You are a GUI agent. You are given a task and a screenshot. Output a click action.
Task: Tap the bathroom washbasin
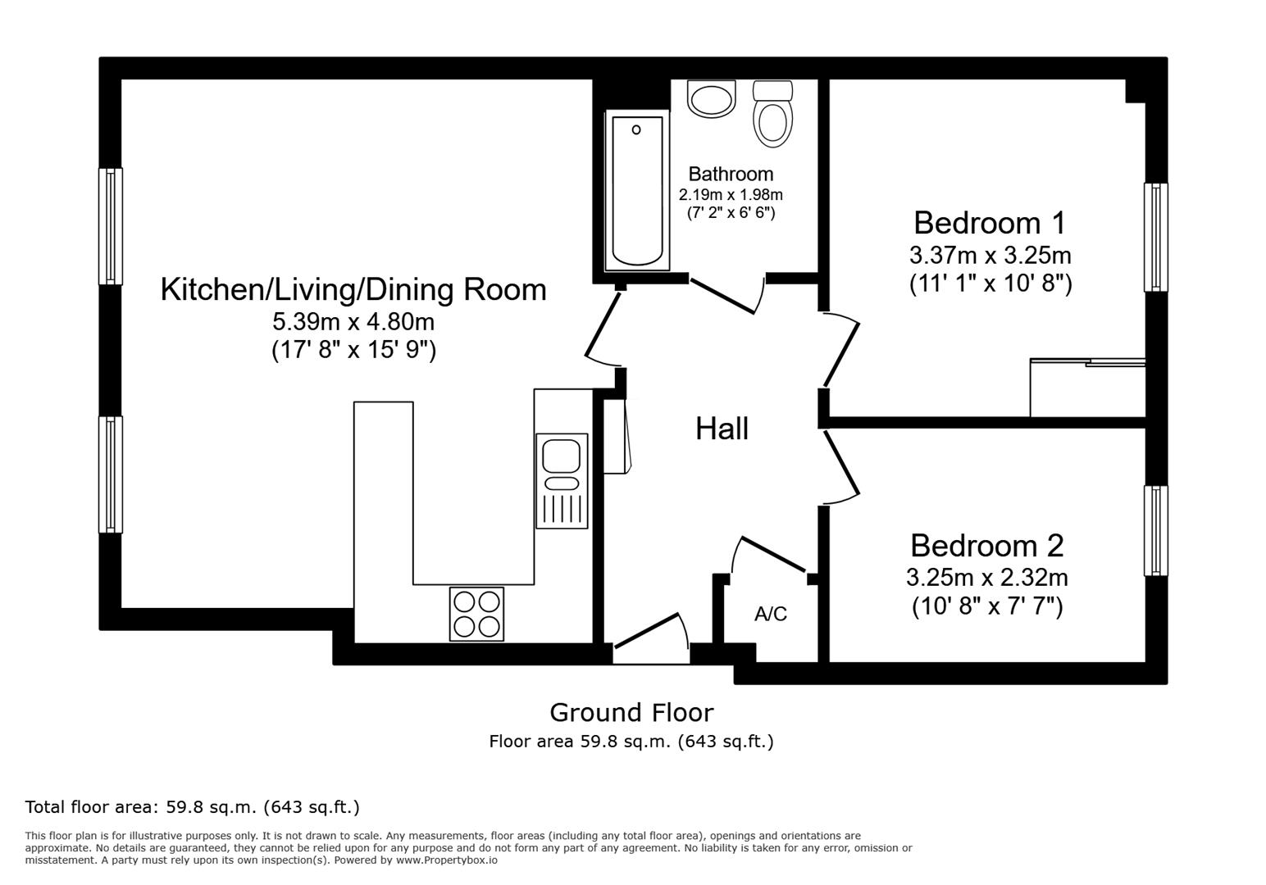point(711,100)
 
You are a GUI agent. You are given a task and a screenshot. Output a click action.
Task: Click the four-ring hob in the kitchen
point(476,614)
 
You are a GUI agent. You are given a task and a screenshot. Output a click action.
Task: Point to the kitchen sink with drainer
point(562,480)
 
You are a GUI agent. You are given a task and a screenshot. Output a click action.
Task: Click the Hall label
point(722,429)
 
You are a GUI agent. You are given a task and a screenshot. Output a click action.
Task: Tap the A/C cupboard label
point(770,614)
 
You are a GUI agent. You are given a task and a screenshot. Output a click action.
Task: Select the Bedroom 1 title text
point(990,223)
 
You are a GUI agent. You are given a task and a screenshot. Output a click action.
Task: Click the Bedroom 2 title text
point(986,546)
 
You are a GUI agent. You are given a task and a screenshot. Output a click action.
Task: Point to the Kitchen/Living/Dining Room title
point(353,289)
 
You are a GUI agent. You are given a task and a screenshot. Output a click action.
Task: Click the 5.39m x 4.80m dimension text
point(353,321)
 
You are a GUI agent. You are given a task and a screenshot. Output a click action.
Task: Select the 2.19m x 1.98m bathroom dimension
point(730,195)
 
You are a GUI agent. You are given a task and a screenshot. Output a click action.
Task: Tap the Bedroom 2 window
point(1155,530)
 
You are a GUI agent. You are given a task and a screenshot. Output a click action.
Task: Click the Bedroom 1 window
point(1155,237)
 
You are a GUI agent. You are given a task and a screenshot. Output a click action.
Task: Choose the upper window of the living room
point(111,226)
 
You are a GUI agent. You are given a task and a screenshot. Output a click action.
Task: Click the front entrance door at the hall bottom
point(650,639)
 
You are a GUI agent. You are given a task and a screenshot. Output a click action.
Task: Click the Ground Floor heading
point(631,712)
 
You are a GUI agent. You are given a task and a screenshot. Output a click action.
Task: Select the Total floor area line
point(192,807)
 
